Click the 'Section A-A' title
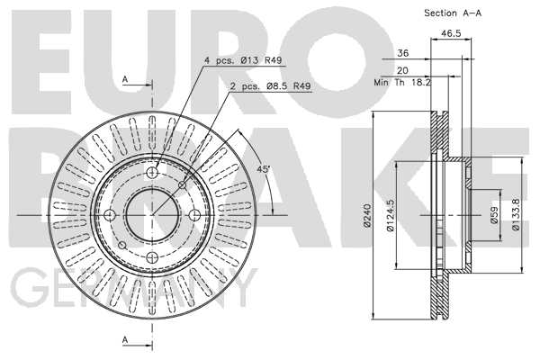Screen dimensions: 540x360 point(453,13)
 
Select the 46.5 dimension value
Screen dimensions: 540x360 point(451,33)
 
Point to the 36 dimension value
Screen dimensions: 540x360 point(403,53)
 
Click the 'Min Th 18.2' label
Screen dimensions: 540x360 point(402,82)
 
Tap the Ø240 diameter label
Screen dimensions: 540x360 point(367,216)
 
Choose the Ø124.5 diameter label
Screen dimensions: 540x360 point(390,216)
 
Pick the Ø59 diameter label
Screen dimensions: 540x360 point(494,215)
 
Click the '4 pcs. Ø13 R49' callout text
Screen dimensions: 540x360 point(243,60)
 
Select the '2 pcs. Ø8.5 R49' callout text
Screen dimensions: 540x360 point(270,85)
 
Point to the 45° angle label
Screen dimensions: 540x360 point(264,169)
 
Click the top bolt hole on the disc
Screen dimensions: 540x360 point(152,172)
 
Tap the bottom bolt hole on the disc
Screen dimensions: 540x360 point(152,257)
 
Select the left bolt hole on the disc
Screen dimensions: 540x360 point(110,215)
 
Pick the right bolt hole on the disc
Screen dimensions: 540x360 point(194,215)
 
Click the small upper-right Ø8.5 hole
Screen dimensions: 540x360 point(182,185)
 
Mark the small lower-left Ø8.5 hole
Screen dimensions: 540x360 point(121,246)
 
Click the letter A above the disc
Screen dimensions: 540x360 point(125,79)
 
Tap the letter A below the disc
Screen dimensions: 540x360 point(125,339)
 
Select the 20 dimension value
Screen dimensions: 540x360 point(402,70)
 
